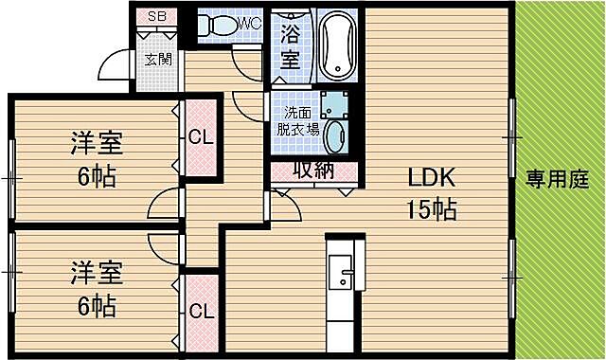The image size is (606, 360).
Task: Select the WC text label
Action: pos(250,22)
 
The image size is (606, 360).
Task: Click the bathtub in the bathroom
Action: pos(337,45)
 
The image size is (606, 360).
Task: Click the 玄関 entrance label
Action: pos(157,59)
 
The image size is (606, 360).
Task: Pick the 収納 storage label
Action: pos(313,171)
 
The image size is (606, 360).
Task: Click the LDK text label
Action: pos(432,177)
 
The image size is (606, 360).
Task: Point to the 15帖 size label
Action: pos(432,208)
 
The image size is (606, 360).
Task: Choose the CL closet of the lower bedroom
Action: pos(200,310)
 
